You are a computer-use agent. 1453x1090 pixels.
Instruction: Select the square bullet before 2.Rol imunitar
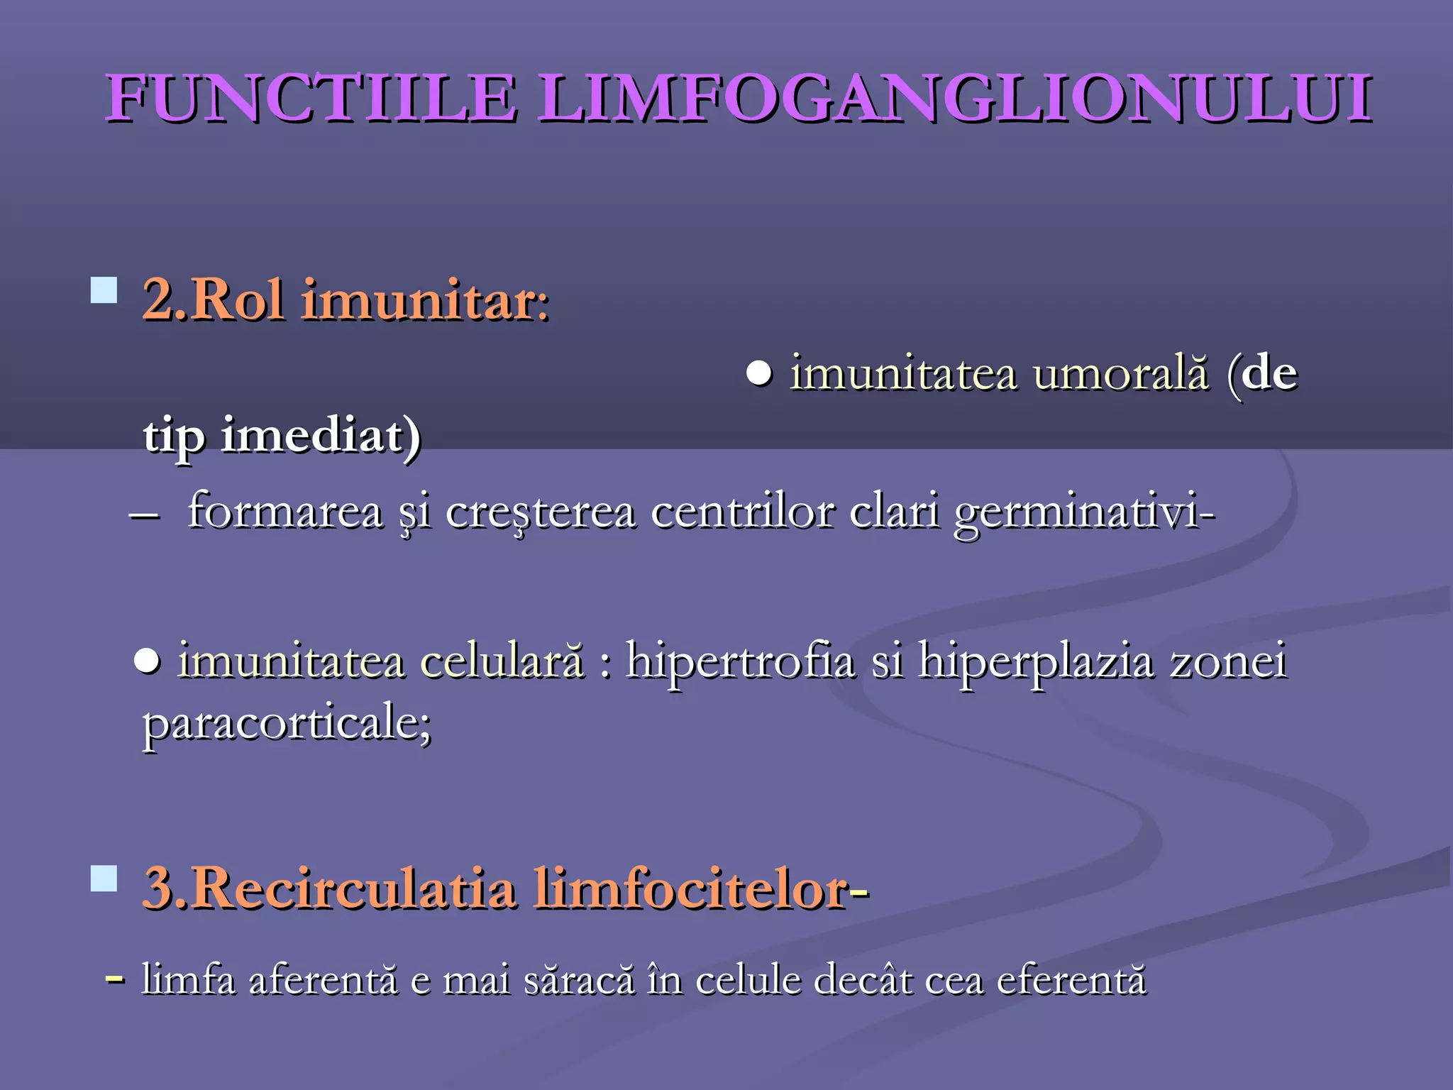point(104,290)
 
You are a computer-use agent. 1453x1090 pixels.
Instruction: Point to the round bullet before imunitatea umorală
point(759,373)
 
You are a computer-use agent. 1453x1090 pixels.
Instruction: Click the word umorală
point(1121,373)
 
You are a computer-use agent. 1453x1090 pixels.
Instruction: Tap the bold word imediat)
point(321,436)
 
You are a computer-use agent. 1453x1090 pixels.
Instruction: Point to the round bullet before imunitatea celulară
point(147,661)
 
